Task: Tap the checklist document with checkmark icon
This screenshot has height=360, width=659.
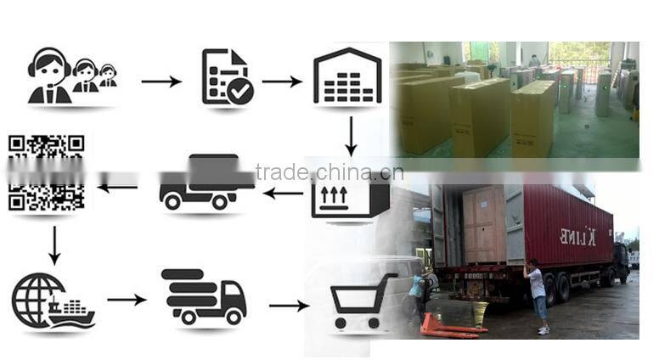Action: point(227,77)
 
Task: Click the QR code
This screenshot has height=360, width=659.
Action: point(47,172)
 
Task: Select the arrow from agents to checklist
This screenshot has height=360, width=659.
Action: point(161,82)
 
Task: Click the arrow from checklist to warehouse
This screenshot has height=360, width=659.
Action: point(281,82)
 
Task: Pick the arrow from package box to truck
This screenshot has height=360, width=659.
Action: point(283,194)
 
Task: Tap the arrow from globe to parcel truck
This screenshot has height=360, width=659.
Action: point(127,300)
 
